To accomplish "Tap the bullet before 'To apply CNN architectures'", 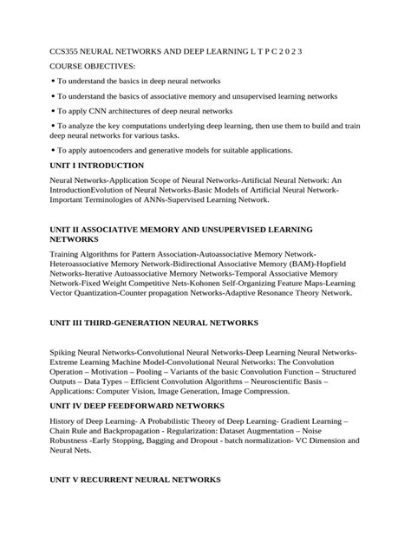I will click(x=53, y=111).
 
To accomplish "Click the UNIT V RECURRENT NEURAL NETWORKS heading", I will click(x=134, y=479).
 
